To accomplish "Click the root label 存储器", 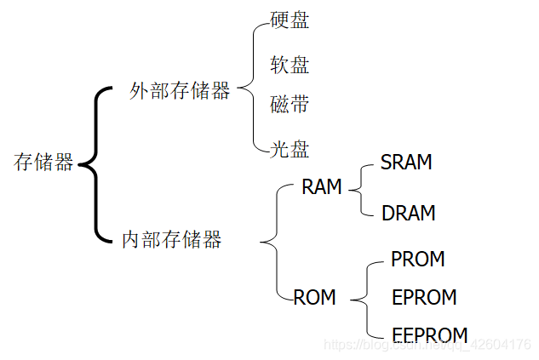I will coord(43,163).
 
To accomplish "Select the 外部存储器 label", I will coord(180,92).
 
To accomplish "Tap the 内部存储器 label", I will coord(171,240).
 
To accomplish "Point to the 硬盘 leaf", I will coord(290,20).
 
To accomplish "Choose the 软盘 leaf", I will coord(290,65).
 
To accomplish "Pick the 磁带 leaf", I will coord(290,106).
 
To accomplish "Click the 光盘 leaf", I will coord(290,150).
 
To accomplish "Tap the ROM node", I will coord(314,298).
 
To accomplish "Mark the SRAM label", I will coord(406,163).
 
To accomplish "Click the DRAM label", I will coord(409,213).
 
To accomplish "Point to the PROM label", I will coord(417,259).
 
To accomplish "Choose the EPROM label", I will coord(424,298).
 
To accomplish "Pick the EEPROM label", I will coord(429,334).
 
